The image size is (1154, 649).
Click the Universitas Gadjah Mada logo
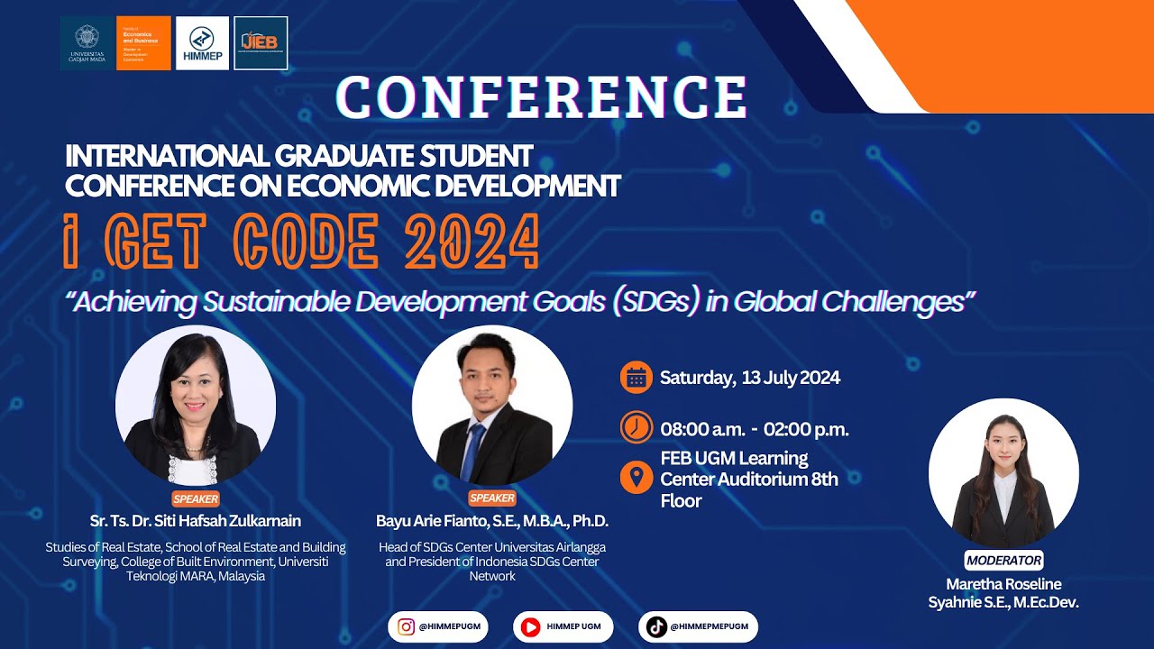pyautogui.click(x=87, y=42)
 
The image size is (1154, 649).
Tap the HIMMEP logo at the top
pyautogui.click(x=202, y=42)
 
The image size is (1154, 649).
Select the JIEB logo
pyautogui.click(x=261, y=42)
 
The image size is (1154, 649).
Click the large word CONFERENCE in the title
pyautogui.click(x=542, y=97)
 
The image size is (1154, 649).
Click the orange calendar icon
pyautogui.click(x=637, y=378)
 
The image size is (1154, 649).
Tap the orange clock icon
pyautogui.click(x=637, y=427)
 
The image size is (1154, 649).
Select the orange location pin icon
pyautogui.click(x=637, y=477)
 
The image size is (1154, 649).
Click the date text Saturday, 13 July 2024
pyautogui.click(x=750, y=378)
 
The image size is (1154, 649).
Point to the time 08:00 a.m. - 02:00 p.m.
pyautogui.click(x=754, y=429)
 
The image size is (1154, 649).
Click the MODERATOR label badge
pyautogui.click(x=1003, y=560)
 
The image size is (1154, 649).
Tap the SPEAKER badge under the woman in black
pyautogui.click(x=196, y=498)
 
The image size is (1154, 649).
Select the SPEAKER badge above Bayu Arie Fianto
pyautogui.click(x=492, y=498)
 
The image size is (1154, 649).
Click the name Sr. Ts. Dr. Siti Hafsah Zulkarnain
pyautogui.click(x=196, y=521)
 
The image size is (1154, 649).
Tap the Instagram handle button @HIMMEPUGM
pyautogui.click(x=438, y=626)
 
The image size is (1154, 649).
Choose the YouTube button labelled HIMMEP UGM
pyautogui.click(x=563, y=626)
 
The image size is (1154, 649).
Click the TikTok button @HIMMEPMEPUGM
pyautogui.click(x=698, y=626)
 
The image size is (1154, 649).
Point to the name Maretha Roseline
pyautogui.click(x=1003, y=584)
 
